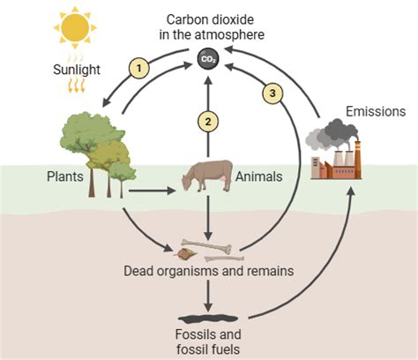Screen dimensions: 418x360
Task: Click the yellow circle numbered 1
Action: tap(139, 68)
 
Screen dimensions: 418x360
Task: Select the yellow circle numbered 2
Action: tap(208, 122)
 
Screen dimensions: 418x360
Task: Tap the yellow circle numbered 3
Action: tap(272, 94)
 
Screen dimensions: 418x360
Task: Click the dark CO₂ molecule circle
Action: tap(208, 59)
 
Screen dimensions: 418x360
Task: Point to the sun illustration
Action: tap(75, 27)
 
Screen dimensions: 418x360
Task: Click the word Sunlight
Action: tap(77, 70)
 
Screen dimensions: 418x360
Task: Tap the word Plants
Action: tap(65, 176)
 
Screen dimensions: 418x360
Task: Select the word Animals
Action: tap(258, 176)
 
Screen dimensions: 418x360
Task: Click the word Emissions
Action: tap(376, 111)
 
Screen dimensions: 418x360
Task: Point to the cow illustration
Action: tap(207, 176)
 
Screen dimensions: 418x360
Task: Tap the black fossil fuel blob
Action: tap(208, 319)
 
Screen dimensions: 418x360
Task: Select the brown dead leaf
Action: tap(184, 253)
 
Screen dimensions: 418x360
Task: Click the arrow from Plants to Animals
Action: tap(152, 191)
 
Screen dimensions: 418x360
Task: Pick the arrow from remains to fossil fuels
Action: tap(208, 296)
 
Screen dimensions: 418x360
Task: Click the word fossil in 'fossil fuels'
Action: tap(192, 349)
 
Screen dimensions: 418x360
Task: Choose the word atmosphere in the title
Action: tap(229, 34)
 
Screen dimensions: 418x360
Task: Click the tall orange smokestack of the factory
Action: tap(357, 160)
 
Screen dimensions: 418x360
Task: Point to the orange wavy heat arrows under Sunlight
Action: tap(76, 86)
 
